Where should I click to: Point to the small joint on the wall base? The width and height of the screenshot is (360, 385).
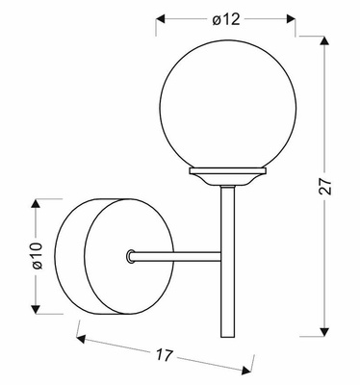coord(130,256)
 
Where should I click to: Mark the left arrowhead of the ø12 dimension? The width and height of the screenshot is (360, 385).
coord(160,18)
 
